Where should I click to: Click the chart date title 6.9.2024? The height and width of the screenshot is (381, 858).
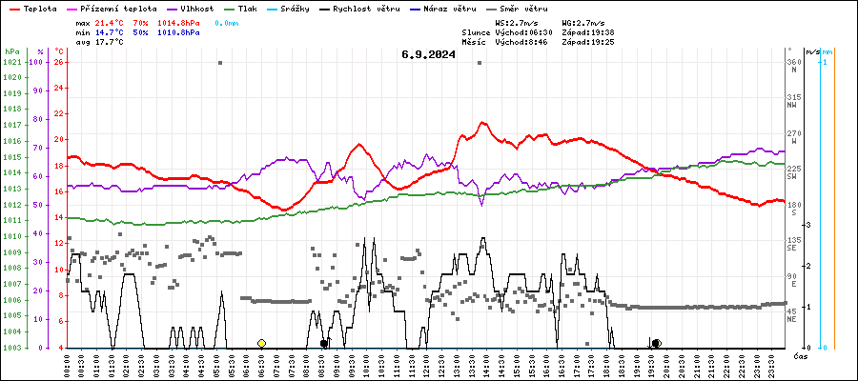(x=429, y=55)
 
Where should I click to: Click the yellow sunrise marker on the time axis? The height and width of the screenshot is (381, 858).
(x=261, y=343)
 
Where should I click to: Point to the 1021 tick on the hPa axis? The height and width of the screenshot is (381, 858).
(x=11, y=63)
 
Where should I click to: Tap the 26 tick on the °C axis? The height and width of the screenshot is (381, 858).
(x=59, y=63)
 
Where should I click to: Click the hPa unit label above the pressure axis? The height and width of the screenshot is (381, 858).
(x=11, y=51)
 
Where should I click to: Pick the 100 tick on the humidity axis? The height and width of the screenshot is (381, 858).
(x=36, y=63)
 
